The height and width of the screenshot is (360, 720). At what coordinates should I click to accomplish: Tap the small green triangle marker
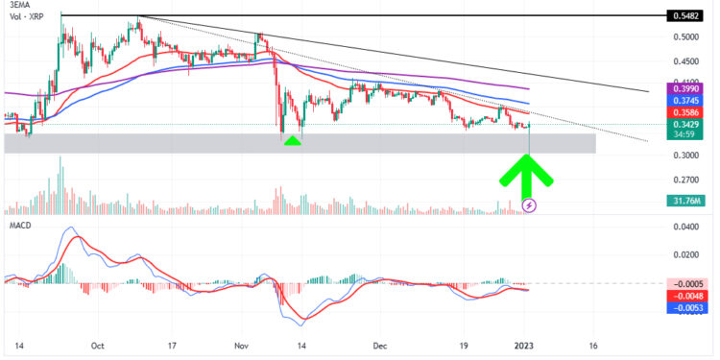click(294, 140)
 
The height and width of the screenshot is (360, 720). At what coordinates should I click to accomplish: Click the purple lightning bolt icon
click(529, 204)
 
